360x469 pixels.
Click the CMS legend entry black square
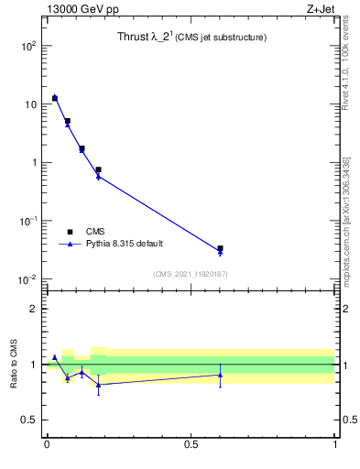pos(69,232)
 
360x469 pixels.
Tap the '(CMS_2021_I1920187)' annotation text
pos(191,274)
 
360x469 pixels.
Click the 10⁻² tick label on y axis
pos(27,279)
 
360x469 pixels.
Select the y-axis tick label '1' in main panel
pos(33,163)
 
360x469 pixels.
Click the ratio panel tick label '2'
pos(34,309)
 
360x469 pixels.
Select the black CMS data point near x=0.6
pos(220,248)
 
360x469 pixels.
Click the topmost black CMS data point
pos(55,97)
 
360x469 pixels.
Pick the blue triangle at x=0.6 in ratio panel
pos(220,375)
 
